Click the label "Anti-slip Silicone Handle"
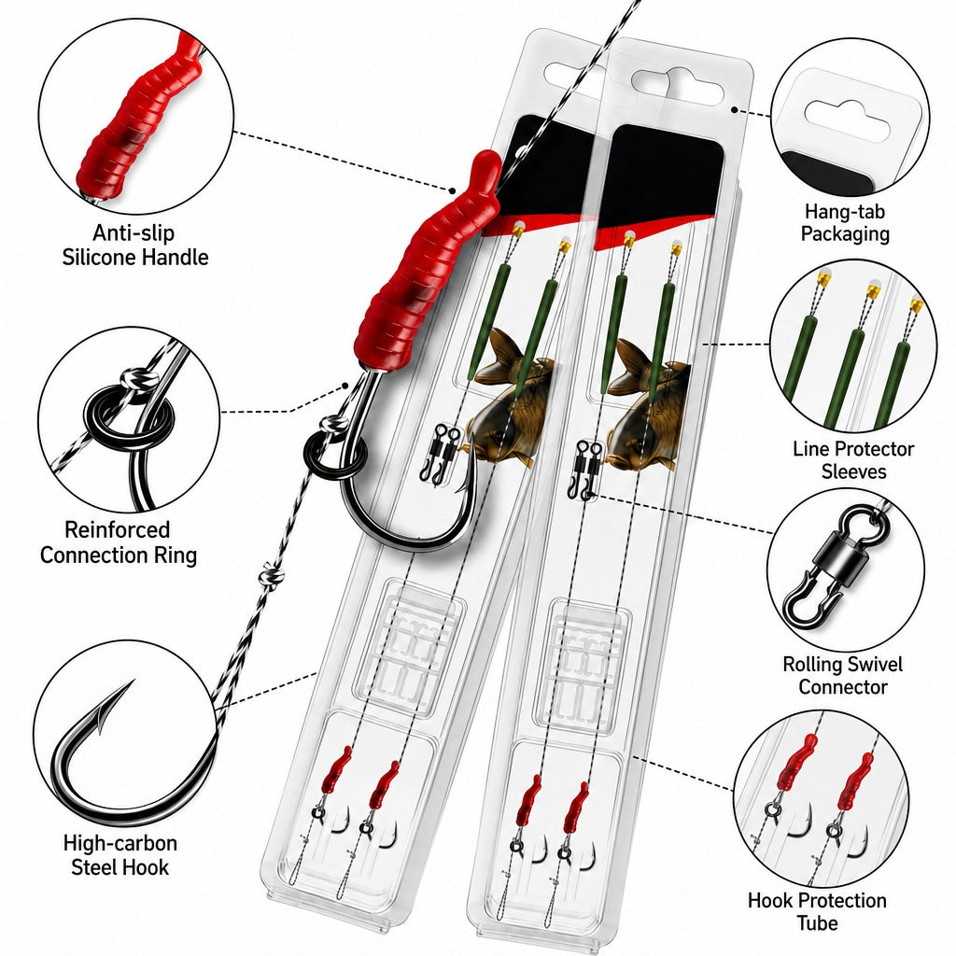point(135,246)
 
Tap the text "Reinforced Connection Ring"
point(119,542)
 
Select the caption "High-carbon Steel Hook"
point(120,855)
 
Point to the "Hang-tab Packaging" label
point(845,222)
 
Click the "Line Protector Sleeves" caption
point(853,459)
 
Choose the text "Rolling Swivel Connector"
point(843,675)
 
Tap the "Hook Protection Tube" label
point(817,911)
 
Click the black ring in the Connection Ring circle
point(129,421)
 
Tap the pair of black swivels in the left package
point(442,454)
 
